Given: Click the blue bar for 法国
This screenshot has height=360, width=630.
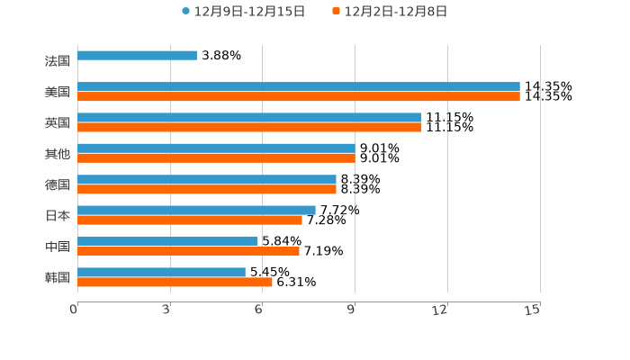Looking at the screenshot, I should (x=137, y=56).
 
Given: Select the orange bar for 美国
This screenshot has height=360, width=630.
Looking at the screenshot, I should (x=298, y=96).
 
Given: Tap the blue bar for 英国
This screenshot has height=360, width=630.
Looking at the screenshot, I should (x=249, y=117).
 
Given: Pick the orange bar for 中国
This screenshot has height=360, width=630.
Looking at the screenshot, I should (x=188, y=251).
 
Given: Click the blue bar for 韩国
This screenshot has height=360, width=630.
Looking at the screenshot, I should (x=161, y=272).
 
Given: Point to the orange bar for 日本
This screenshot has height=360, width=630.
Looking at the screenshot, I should (x=190, y=220).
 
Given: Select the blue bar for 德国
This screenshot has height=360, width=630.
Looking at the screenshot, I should (x=207, y=179).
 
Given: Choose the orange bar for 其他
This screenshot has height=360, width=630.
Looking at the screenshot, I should (x=216, y=157).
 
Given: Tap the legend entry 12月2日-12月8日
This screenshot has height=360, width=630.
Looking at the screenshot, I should (x=396, y=12).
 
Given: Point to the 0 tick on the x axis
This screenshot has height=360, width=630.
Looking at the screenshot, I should (x=75, y=310).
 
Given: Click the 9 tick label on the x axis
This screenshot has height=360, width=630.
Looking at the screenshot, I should (x=352, y=310).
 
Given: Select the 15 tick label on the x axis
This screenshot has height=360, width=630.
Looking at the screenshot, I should (x=533, y=310).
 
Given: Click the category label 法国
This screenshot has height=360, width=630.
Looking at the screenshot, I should (x=58, y=61).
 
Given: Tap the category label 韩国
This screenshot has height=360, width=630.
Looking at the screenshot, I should (x=58, y=277).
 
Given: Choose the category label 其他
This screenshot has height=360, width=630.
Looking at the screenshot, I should (x=58, y=154).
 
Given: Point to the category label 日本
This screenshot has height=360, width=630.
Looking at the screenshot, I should (x=58, y=216).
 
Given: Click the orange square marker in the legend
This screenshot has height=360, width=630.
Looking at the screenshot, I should (x=337, y=12).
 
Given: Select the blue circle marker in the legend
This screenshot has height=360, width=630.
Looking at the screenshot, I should (x=186, y=12).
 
